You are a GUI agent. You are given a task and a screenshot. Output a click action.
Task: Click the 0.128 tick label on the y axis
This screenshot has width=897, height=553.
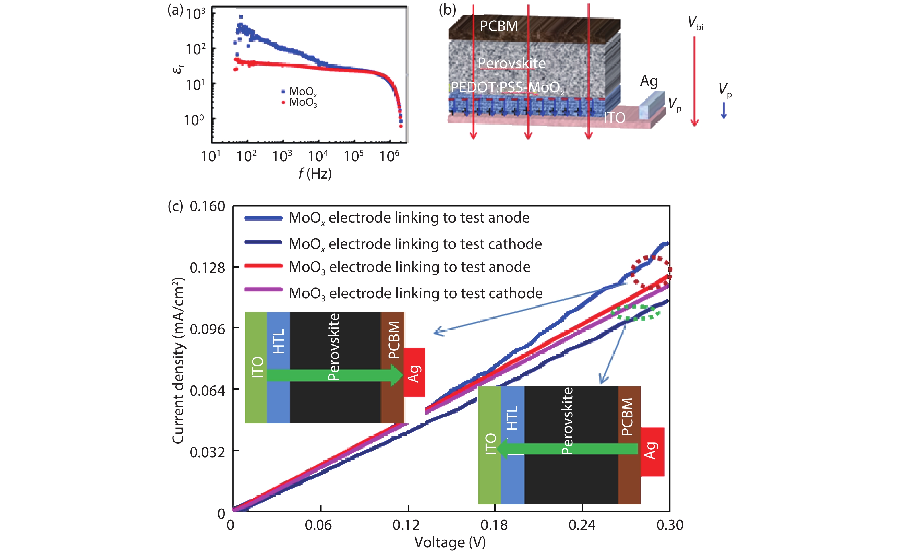(207, 268)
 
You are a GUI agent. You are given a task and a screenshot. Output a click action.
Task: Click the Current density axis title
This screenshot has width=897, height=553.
(178, 360)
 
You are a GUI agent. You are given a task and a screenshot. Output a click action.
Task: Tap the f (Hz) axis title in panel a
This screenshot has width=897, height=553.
(315, 173)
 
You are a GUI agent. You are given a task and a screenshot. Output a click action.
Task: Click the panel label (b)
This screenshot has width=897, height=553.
(447, 10)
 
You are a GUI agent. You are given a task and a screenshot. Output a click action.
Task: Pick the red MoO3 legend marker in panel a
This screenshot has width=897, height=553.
(283, 102)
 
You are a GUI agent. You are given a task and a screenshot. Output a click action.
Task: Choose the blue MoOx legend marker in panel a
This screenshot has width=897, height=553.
(283, 91)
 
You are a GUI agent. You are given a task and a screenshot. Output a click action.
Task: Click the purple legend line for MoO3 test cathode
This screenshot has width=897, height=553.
(263, 289)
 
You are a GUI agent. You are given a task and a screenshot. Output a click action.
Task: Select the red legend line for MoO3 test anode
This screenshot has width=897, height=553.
(263, 266)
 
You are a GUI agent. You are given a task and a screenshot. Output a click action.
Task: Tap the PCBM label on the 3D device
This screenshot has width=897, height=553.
(499, 26)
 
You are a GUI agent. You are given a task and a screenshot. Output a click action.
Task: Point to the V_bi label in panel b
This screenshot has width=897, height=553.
(695, 23)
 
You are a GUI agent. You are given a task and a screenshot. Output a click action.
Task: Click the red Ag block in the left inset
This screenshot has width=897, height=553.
(415, 373)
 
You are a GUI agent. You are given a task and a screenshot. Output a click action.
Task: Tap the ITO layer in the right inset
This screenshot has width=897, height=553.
(490, 445)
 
